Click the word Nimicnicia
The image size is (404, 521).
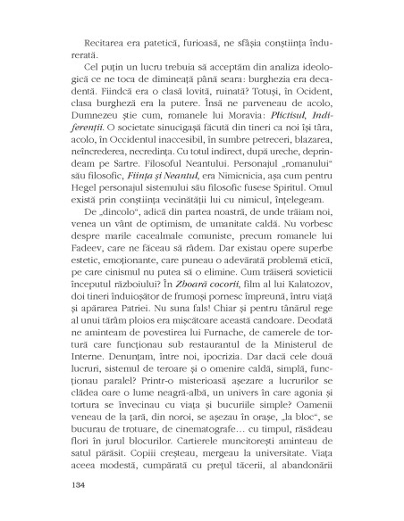214,190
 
